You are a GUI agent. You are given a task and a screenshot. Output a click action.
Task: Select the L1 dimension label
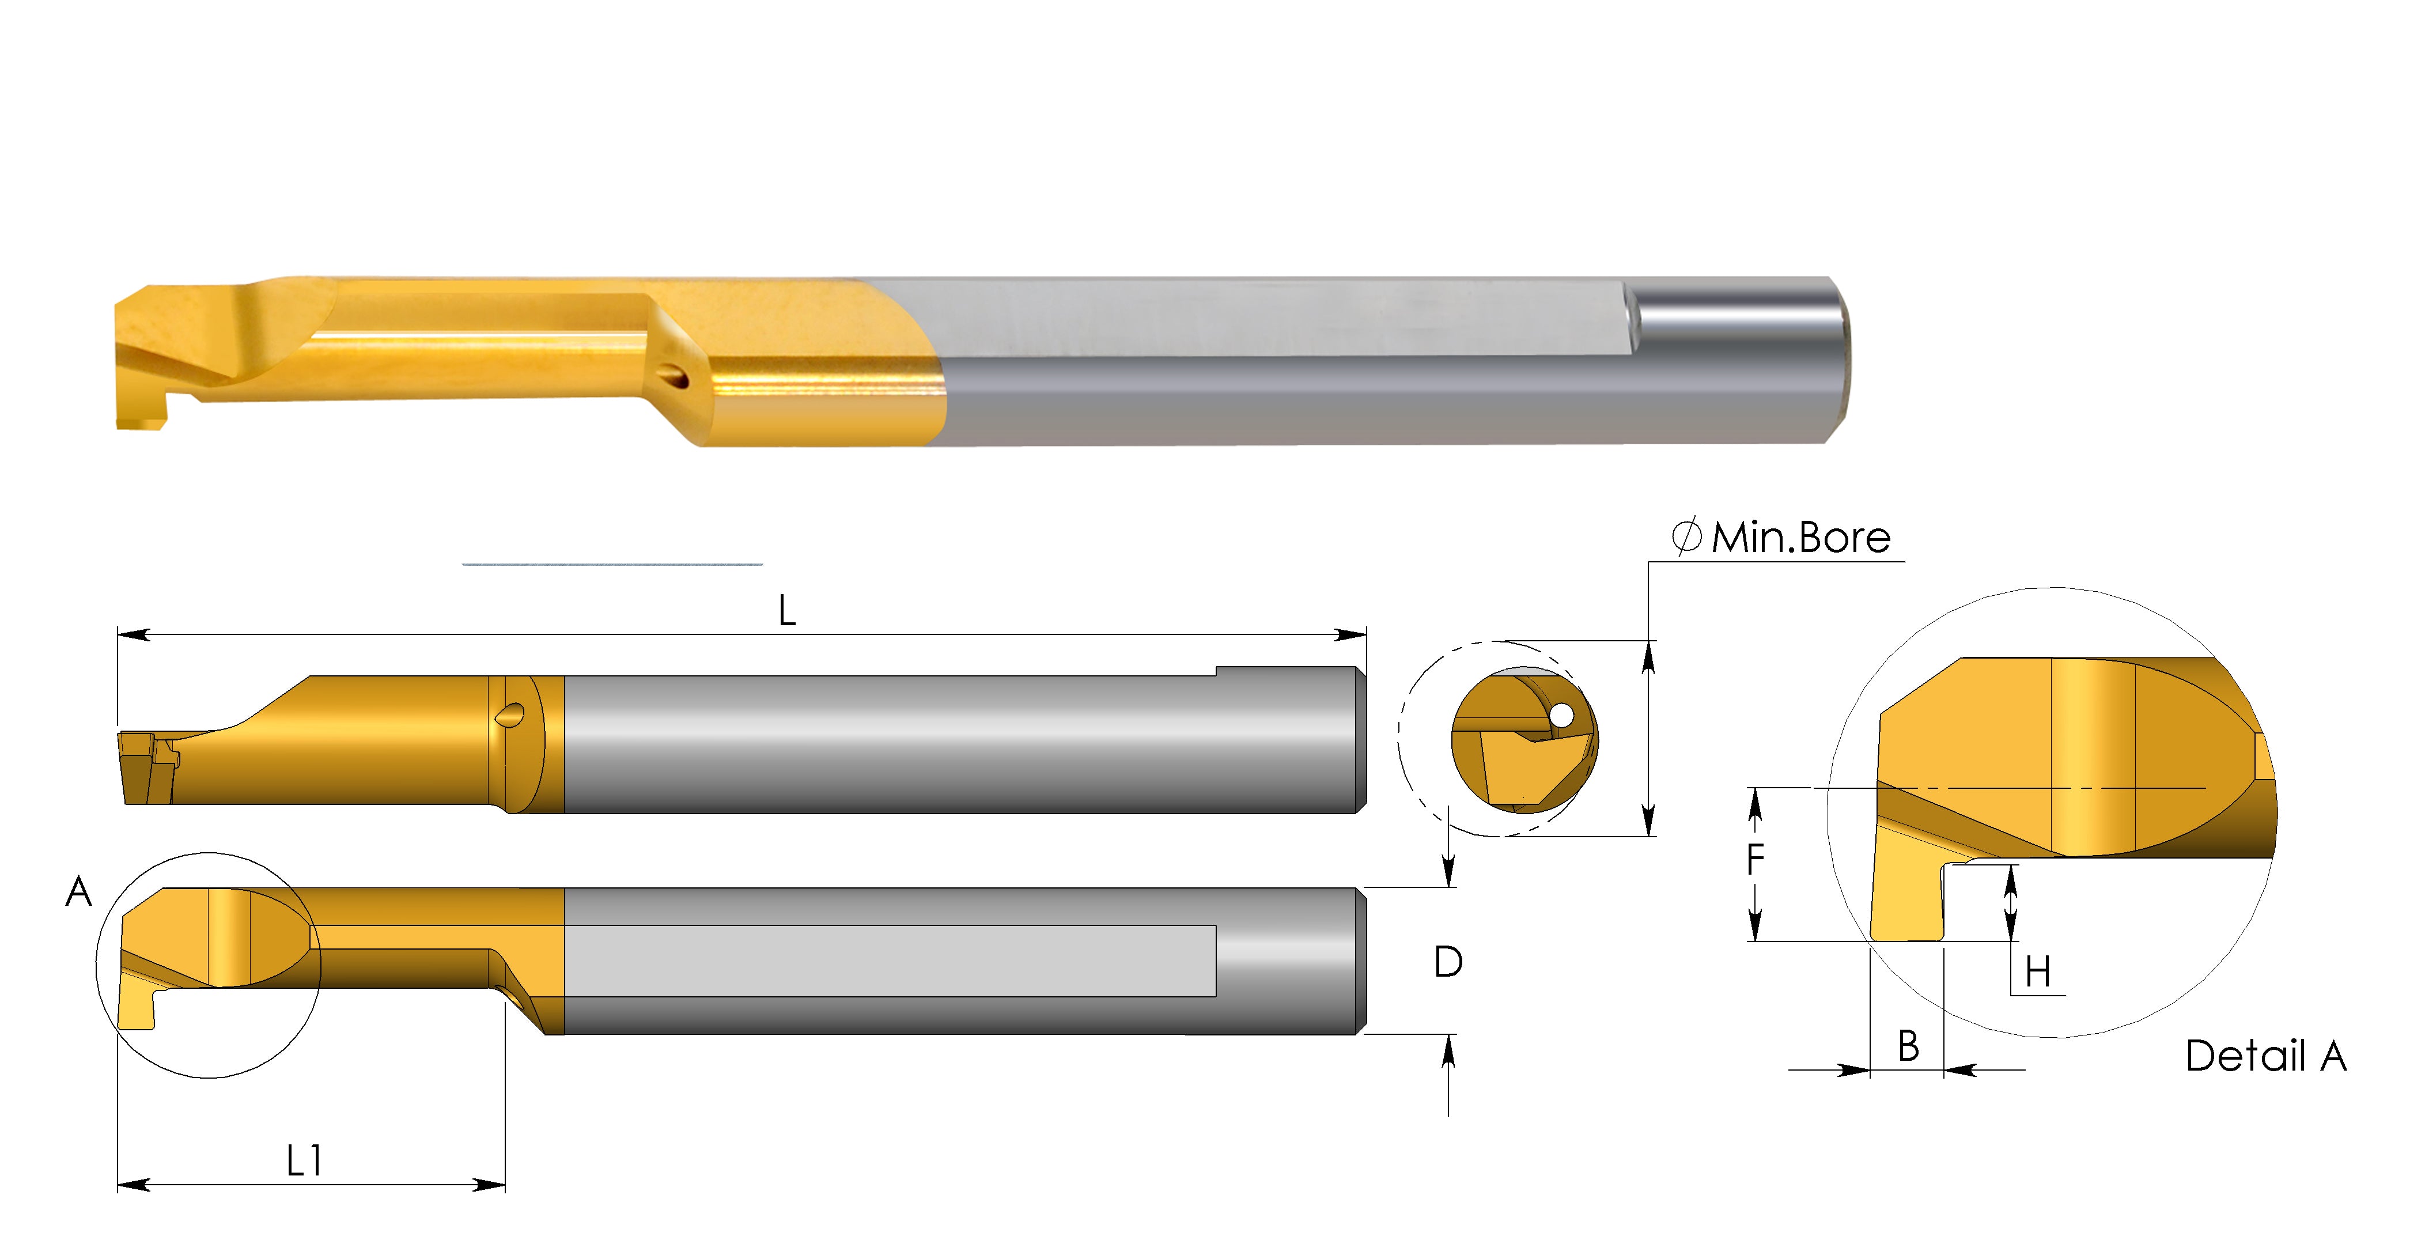point(304,1161)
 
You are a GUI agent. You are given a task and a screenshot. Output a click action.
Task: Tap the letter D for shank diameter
point(1448,962)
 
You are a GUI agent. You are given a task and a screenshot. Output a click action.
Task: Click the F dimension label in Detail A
point(1755,859)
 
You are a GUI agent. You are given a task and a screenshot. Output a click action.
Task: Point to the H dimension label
point(2037,971)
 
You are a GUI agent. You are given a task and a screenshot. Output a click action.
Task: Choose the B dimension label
point(1908,1046)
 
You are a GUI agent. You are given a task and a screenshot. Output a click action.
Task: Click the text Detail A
point(2265,1056)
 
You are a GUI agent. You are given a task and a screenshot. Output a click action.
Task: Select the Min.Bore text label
point(1800,538)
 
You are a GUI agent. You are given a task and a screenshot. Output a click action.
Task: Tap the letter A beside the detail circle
point(79,891)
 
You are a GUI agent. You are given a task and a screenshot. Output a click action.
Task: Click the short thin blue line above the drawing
point(612,564)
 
